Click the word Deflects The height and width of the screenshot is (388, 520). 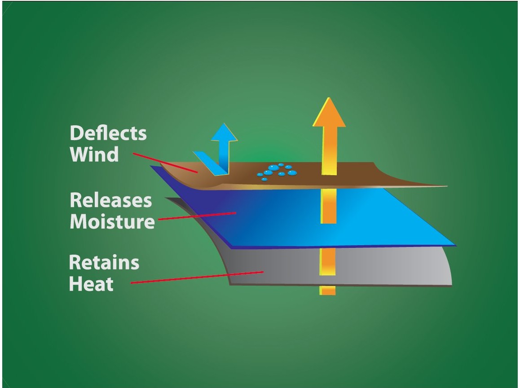point(108,133)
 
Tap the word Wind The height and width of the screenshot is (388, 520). point(94,154)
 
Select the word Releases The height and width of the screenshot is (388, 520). point(111,200)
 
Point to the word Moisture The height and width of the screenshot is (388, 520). point(112,221)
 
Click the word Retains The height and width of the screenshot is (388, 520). point(104,263)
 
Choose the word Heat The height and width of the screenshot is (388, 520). point(91,284)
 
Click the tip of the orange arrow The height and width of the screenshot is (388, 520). point(329,100)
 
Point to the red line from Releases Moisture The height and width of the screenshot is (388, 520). point(198,216)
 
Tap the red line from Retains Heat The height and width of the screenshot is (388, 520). point(198,277)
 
